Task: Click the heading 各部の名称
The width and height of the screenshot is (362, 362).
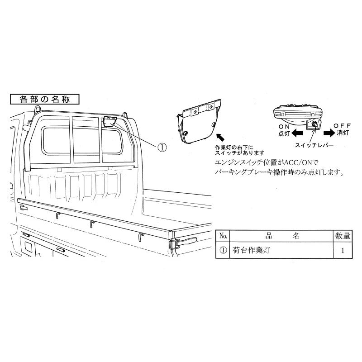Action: point(44,100)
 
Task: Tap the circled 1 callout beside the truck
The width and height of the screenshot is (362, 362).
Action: point(162,147)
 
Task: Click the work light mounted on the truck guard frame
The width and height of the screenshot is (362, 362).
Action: point(110,122)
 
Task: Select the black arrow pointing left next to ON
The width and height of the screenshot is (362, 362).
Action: point(297,133)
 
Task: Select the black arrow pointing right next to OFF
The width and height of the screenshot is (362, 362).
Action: point(329,133)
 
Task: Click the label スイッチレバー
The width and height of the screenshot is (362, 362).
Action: point(314,145)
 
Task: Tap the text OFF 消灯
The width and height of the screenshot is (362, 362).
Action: point(343,129)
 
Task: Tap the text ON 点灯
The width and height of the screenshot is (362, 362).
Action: point(284,130)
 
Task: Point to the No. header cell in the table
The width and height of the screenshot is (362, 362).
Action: point(223,236)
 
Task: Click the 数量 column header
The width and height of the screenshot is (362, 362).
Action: point(343,236)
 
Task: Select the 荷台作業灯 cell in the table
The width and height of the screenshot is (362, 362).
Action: point(251,250)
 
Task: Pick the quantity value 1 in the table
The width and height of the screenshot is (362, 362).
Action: point(343,251)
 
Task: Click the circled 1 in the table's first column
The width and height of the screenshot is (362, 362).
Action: point(223,250)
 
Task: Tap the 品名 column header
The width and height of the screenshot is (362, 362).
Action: point(282,236)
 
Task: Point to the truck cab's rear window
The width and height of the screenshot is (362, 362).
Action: point(82,140)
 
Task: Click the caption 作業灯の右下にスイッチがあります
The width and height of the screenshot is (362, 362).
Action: point(240,150)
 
